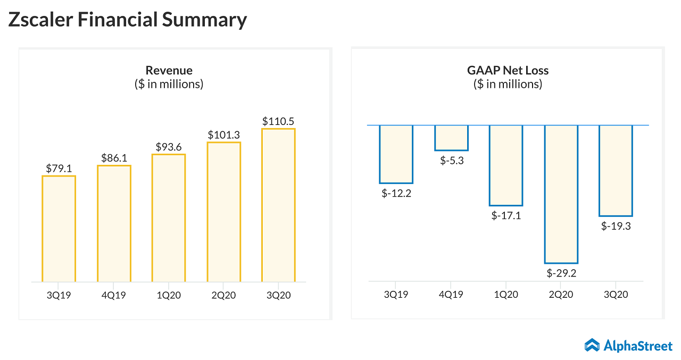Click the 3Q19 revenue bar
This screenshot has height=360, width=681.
click(x=59, y=229)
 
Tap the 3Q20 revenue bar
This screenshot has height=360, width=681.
click(x=278, y=205)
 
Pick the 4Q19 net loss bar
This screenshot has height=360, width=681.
click(x=451, y=138)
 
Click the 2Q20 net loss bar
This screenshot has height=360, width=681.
click(x=561, y=194)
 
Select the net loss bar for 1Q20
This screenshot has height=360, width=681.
click(x=506, y=165)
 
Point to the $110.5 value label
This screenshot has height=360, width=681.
click(x=278, y=121)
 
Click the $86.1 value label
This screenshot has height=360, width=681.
click(x=114, y=158)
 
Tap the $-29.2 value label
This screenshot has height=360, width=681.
click(x=561, y=273)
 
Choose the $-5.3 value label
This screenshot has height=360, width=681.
click(x=452, y=161)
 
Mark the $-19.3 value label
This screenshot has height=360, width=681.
click(x=616, y=225)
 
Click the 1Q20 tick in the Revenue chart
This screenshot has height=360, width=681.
click(x=169, y=295)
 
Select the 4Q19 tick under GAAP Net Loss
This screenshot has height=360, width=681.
click(x=451, y=294)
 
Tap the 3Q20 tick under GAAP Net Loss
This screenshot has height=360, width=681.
click(x=616, y=294)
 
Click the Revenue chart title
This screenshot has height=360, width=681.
click(x=169, y=70)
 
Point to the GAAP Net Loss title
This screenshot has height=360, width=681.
click(x=508, y=70)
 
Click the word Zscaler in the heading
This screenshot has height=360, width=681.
click(x=41, y=20)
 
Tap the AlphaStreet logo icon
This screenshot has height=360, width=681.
click(x=592, y=345)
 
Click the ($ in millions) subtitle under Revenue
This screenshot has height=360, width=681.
click(x=169, y=84)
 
